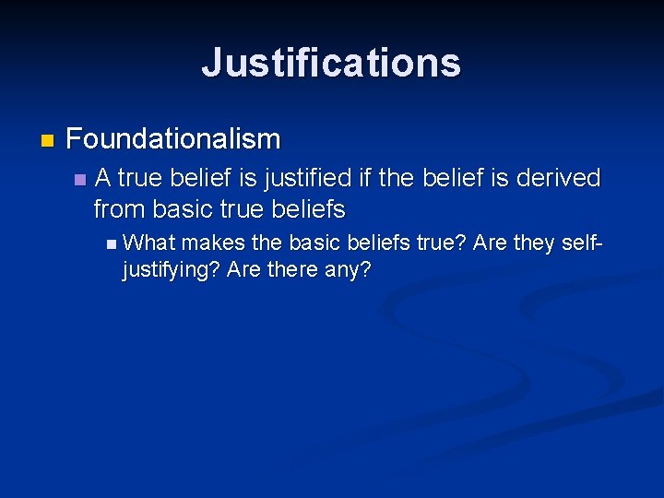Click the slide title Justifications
click(331, 63)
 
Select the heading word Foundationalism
click(173, 140)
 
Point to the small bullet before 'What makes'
click(112, 244)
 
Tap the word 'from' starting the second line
click(119, 209)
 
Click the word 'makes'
click(213, 243)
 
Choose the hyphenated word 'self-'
click(577, 243)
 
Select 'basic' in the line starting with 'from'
click(182, 209)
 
